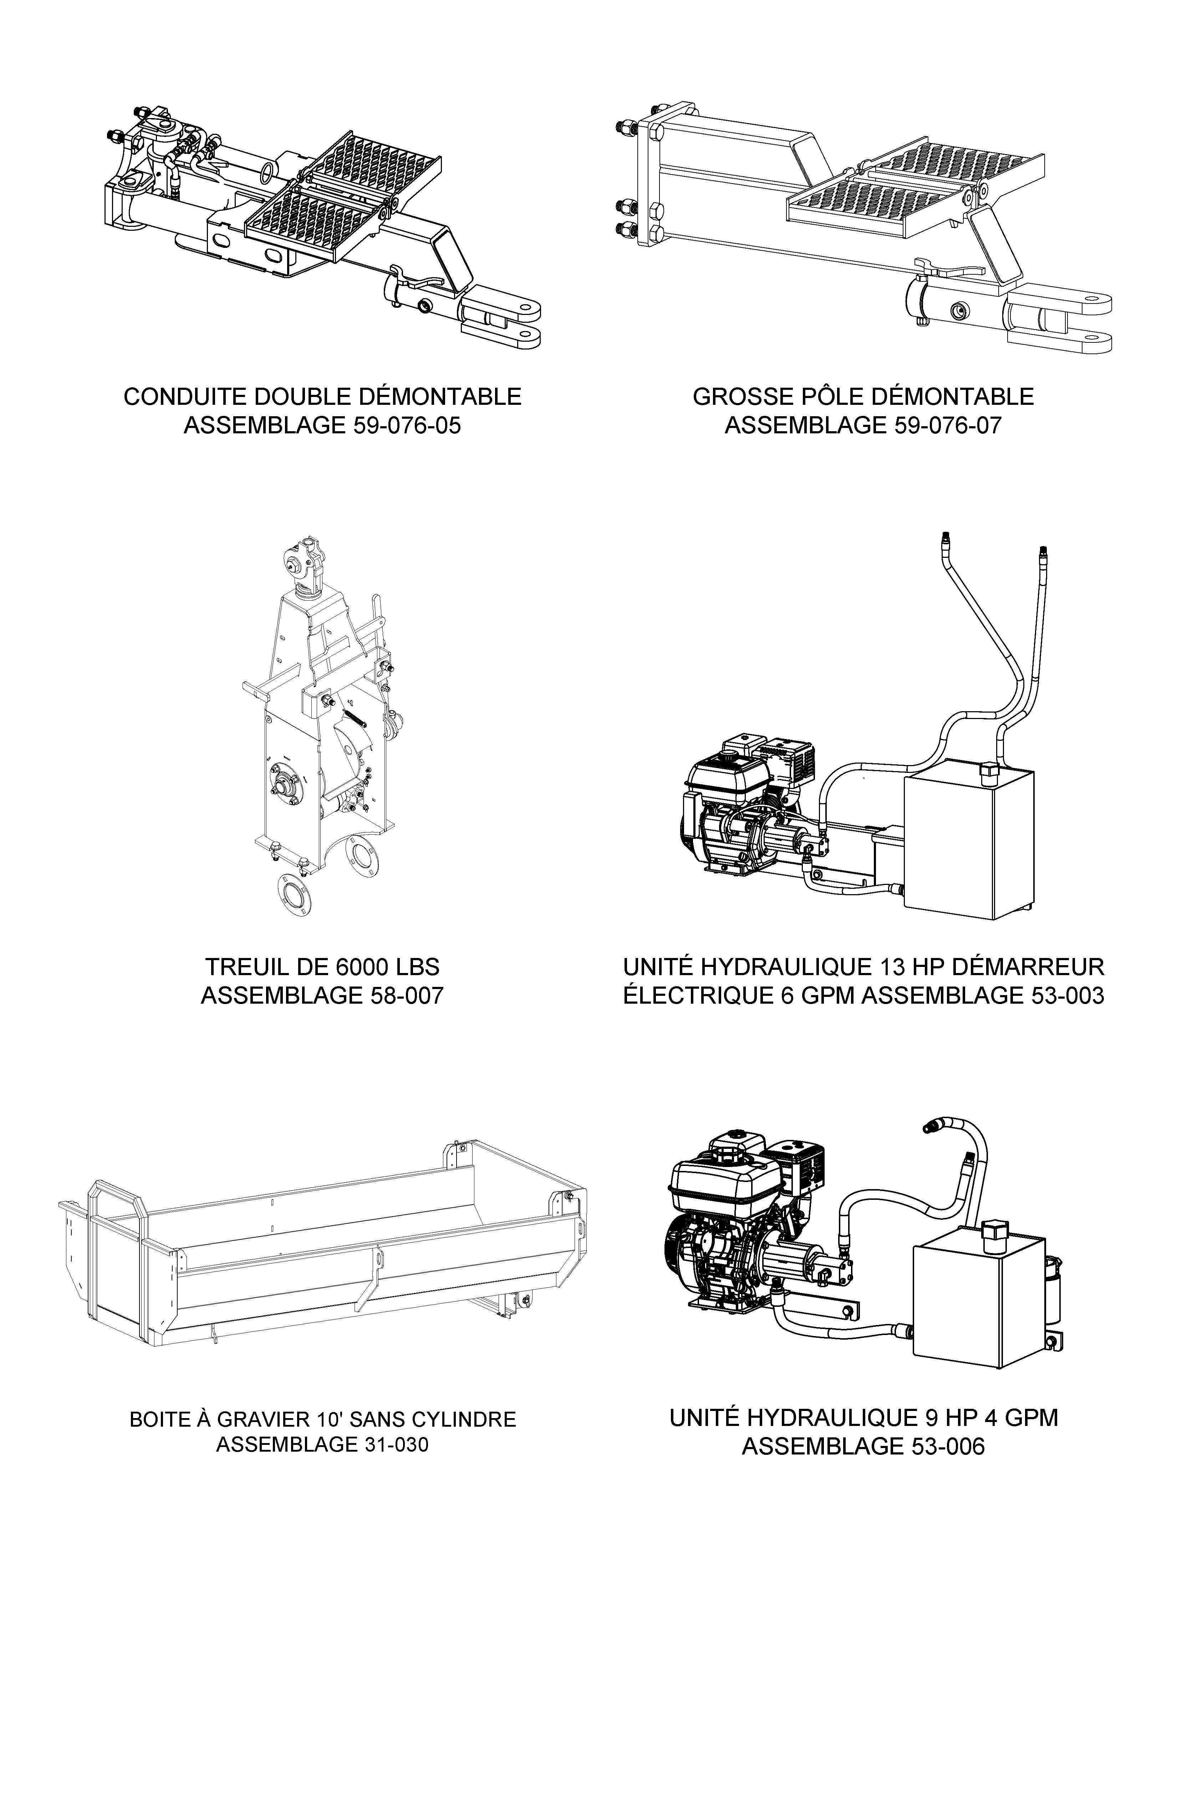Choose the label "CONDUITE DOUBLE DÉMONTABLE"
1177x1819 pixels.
[x=322, y=397]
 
